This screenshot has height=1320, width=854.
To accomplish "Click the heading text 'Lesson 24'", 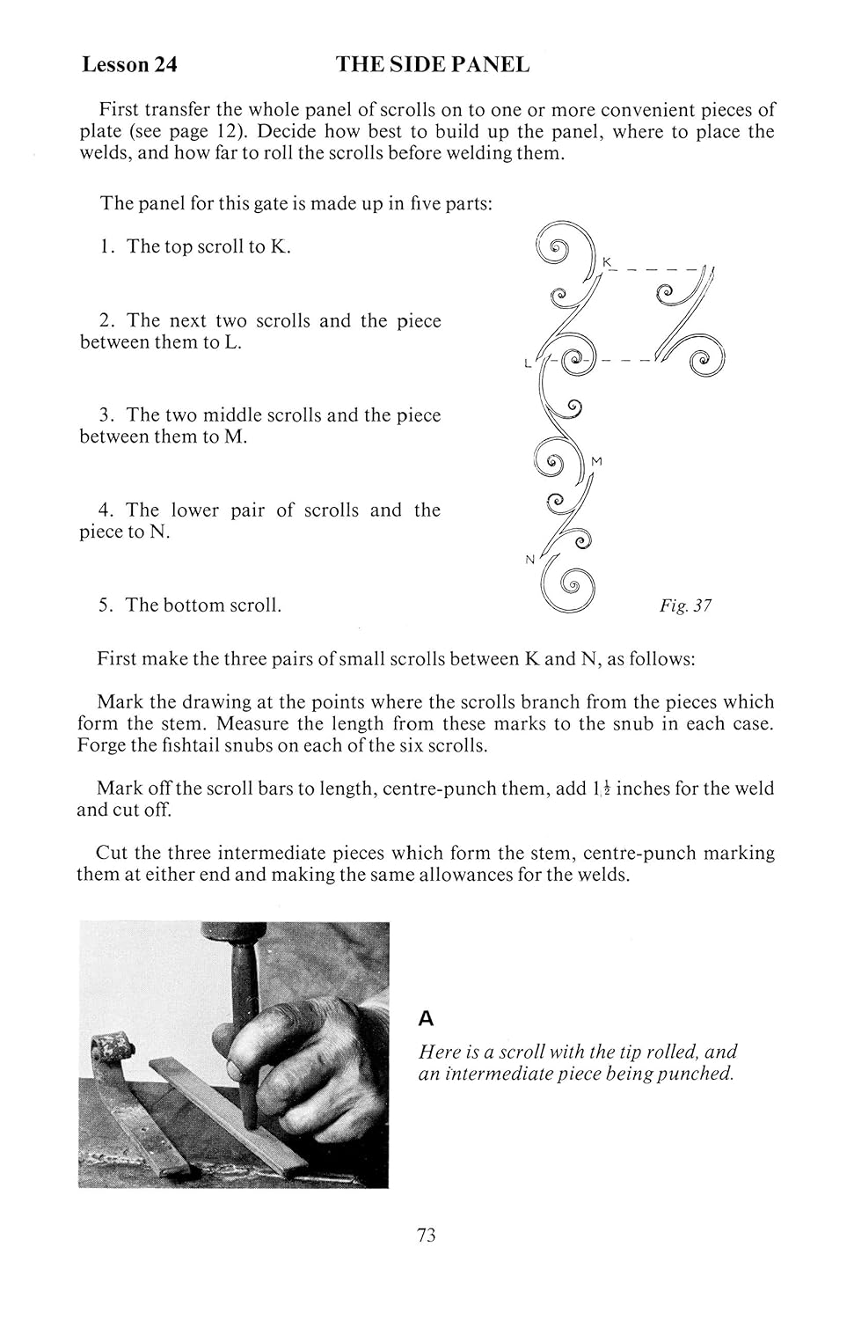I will pos(128,64).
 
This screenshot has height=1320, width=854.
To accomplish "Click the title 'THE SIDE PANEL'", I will pos(432,64).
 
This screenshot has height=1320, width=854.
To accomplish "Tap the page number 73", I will pos(426,1235).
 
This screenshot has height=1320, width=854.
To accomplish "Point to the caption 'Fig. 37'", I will pos(685,605).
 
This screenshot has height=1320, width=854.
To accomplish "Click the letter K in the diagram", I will pos(607,260).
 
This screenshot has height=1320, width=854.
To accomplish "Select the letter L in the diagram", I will pos(528,363).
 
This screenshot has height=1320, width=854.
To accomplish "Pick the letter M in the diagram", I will pos(596,461).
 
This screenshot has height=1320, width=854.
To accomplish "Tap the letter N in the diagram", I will pos(529,559).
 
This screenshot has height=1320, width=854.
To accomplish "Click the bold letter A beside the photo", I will pos(427,1019).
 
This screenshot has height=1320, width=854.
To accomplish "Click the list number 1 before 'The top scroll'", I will pos(106,247).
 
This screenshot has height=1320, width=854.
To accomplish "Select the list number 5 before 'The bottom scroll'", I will pos(106,605).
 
